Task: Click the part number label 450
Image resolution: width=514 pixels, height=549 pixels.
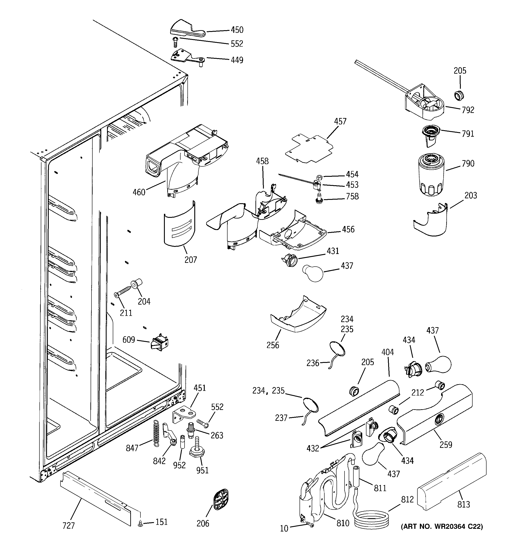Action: tap(237, 30)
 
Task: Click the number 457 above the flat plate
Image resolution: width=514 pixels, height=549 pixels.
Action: tap(340, 122)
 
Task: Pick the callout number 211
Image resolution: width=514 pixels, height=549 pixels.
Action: tap(126, 313)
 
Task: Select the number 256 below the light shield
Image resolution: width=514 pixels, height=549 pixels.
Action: tap(273, 345)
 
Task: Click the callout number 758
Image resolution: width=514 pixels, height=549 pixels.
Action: tap(352, 196)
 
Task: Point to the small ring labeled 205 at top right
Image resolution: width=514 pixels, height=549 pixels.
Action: tap(459, 96)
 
